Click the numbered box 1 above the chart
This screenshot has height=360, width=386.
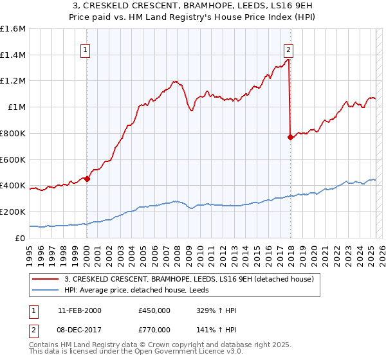click(x=86, y=50)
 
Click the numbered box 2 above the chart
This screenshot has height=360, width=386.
click(x=289, y=50)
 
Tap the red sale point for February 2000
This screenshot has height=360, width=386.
click(x=87, y=179)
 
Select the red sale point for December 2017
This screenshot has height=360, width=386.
click(x=290, y=136)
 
